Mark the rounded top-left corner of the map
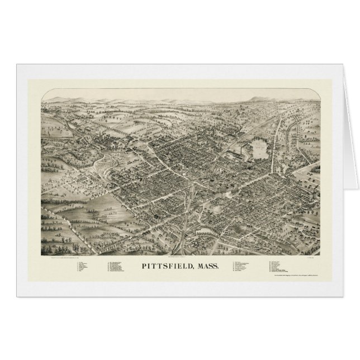tap(44, 94)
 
